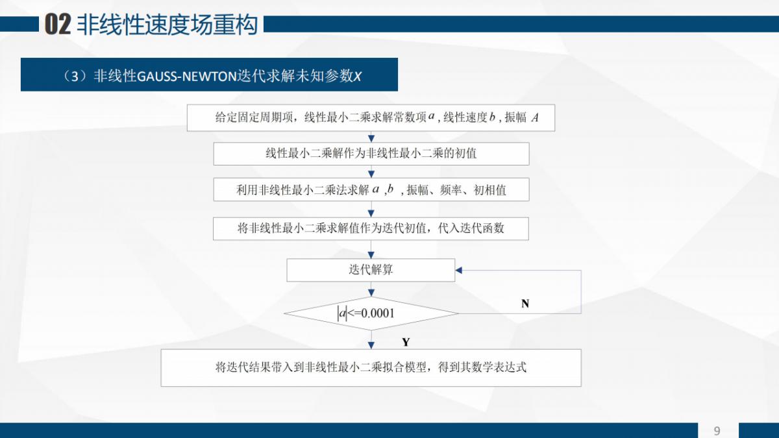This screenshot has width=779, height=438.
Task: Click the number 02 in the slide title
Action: tap(56, 25)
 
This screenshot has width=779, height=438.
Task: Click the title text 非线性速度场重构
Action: tap(167, 25)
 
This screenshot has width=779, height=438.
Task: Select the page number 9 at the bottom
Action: tap(717, 431)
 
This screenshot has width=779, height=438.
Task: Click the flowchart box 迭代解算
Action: tap(371, 270)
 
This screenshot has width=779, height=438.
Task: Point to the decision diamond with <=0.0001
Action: tap(371, 314)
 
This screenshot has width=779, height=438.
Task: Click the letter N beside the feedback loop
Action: tap(525, 303)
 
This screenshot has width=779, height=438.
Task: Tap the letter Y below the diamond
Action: tap(406, 341)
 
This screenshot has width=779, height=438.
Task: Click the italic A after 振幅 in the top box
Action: tap(535, 118)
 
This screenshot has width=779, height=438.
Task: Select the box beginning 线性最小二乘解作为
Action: tap(371, 154)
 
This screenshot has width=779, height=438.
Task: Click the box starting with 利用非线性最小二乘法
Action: tap(371, 190)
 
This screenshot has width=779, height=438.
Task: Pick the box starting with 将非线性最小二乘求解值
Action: tap(371, 228)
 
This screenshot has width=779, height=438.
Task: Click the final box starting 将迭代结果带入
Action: tap(371, 367)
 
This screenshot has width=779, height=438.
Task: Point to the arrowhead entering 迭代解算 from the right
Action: tap(459, 270)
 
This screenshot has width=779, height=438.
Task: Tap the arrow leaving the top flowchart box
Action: tap(371, 136)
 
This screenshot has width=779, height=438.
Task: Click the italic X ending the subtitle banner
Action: tap(357, 76)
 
